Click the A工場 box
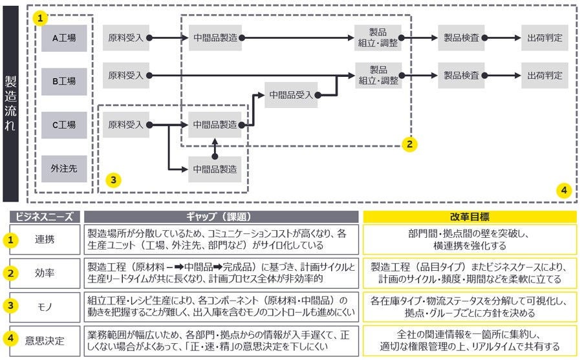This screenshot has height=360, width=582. point(64,37)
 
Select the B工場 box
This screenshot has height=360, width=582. point(64,81)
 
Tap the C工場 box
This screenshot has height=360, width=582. point(64,125)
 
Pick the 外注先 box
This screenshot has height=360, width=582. point(64,168)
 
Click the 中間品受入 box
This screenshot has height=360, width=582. point(291,94)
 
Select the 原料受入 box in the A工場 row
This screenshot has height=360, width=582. point(125,37)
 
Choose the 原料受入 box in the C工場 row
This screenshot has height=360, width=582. point(125,124)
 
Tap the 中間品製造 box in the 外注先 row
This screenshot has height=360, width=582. point(215,169)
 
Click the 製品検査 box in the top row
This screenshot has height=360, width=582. point(462,37)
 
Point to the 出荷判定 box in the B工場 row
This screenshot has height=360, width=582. point(544,75)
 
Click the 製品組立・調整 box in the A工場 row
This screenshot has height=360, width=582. point(378,37)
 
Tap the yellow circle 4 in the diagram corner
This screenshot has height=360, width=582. point(564,190)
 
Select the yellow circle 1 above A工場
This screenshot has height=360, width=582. point(41,19)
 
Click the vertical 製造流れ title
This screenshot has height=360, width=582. point(11,103)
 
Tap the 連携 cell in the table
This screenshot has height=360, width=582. point(45,239)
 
